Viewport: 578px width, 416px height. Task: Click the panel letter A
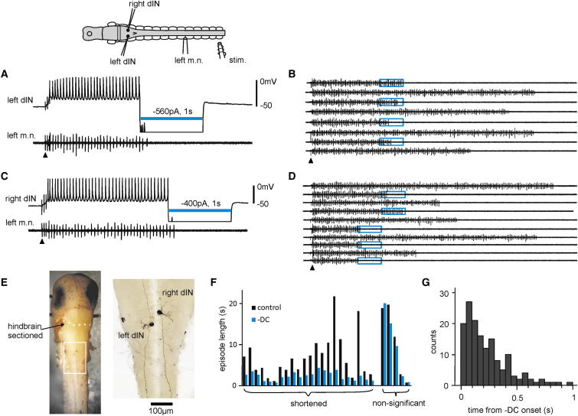coord(5,74)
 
